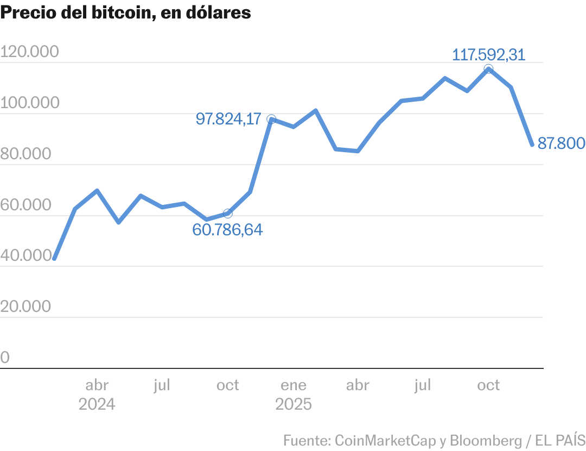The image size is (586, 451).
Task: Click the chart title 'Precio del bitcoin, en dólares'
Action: [x=126, y=13]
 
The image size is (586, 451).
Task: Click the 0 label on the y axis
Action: [x=5, y=358]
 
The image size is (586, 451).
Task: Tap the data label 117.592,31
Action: [x=488, y=54]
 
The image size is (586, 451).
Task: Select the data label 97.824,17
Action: [x=228, y=119]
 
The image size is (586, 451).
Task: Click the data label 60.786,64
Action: [x=227, y=230]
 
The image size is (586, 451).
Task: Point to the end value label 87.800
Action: [x=561, y=143]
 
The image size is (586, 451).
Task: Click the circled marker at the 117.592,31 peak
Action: [x=488, y=69]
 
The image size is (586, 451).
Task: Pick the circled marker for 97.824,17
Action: [x=271, y=119]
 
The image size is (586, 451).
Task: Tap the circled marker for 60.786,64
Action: [x=228, y=214]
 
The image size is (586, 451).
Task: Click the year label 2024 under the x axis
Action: [x=97, y=405]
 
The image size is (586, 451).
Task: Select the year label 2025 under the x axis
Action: [x=293, y=405]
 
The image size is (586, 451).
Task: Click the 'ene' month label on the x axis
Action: [x=293, y=385]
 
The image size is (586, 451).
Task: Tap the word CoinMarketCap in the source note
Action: [x=385, y=440]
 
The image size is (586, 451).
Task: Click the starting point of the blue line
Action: [x=54, y=259]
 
